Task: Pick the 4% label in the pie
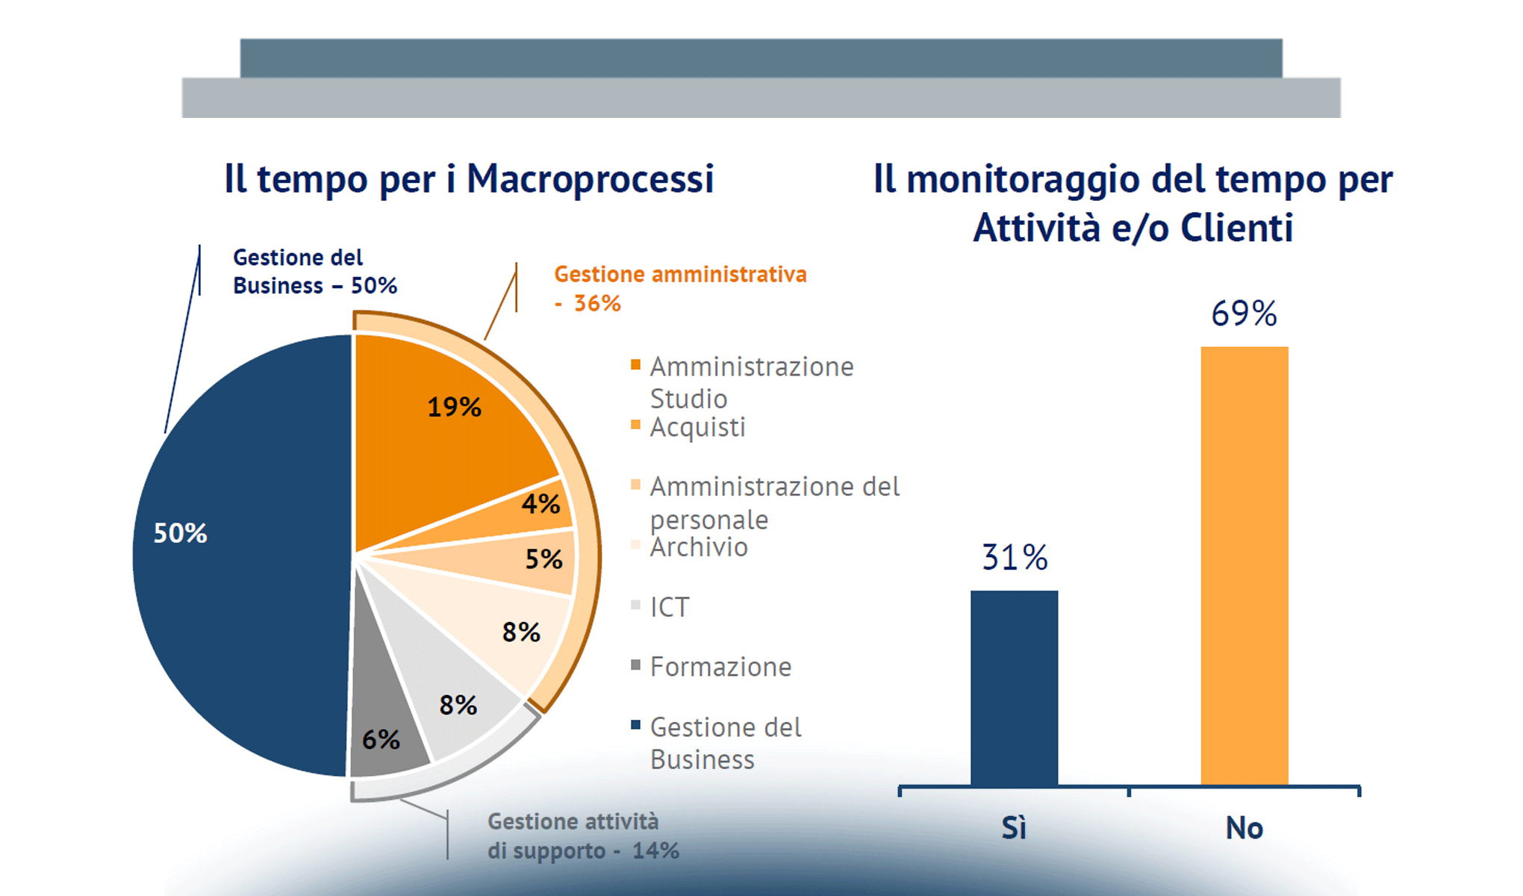[x=541, y=504]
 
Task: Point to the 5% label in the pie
[x=544, y=559]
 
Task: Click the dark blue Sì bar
[x=1014, y=687]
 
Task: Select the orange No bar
[x=1244, y=567]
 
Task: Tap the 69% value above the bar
[x=1244, y=314]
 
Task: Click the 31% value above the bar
[x=1014, y=558]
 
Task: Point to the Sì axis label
[x=1014, y=828]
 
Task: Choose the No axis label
[x=1244, y=828]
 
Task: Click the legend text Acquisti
[x=697, y=428]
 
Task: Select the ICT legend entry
[x=669, y=607]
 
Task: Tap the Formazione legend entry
[x=720, y=667]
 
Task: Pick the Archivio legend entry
[x=698, y=547]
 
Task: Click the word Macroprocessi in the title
[x=590, y=179]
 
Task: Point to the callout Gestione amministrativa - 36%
[x=679, y=288]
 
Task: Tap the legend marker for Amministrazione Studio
[x=636, y=365]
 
